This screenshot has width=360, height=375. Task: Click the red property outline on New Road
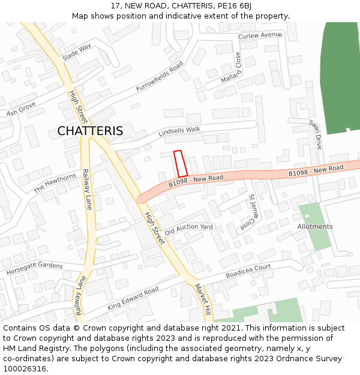(x=181, y=163)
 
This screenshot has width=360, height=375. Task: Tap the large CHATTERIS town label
(x=90, y=131)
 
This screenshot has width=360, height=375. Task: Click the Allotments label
(x=315, y=227)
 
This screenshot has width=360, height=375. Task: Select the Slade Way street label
(x=77, y=52)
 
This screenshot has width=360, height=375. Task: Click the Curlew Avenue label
(x=259, y=36)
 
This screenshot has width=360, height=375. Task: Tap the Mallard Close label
(x=231, y=68)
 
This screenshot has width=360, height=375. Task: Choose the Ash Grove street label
(x=22, y=109)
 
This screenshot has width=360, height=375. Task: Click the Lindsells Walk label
(x=179, y=131)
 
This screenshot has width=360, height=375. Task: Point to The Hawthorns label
(x=55, y=182)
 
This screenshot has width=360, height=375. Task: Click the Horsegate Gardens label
(x=34, y=268)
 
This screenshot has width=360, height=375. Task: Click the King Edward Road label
(x=133, y=298)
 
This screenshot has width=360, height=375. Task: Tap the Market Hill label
(x=202, y=298)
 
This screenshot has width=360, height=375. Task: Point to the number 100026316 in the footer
(x=25, y=369)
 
